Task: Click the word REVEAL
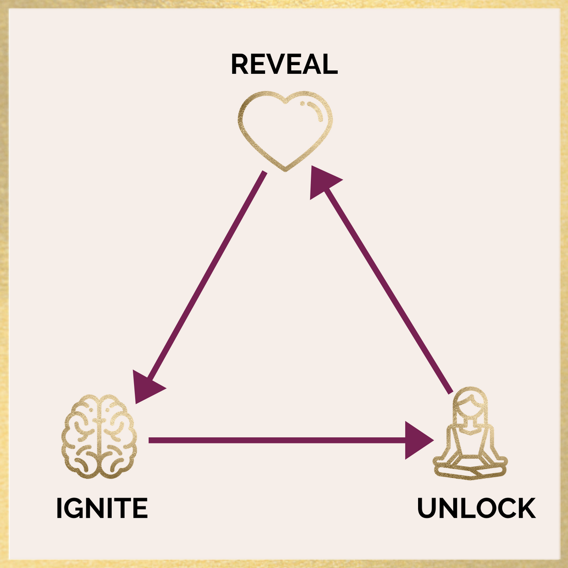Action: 284,64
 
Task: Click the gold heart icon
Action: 285,130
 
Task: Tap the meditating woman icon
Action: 470,434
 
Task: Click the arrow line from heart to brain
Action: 205,276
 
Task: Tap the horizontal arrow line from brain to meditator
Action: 276,440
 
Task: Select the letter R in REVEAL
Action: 239,64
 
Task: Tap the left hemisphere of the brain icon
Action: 81,436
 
